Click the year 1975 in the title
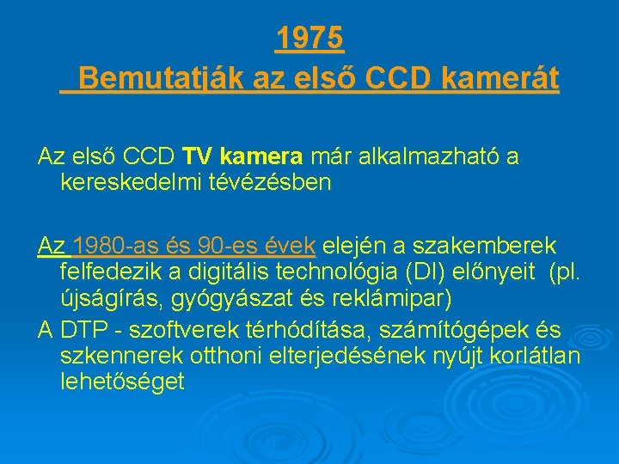pyautogui.click(x=309, y=38)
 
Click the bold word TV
pyautogui.click(x=199, y=158)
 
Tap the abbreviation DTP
pyautogui.click(x=83, y=331)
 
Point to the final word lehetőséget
pyautogui.click(x=123, y=381)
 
